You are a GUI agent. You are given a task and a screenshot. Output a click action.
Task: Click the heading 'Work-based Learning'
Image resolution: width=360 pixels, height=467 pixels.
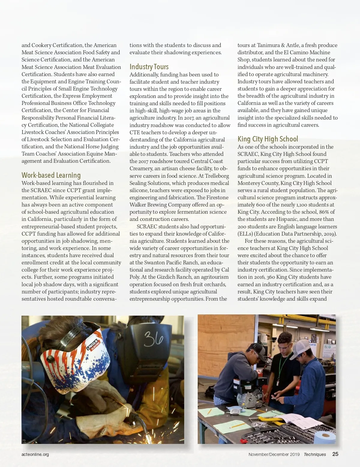click(x=51, y=175)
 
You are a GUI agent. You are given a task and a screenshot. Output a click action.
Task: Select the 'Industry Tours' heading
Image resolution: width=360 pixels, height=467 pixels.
click(x=149, y=67)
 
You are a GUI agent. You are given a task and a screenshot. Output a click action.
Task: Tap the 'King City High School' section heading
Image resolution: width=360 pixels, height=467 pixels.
click(x=268, y=139)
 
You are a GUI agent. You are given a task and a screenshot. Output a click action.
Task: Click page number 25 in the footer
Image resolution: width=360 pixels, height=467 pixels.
click(x=335, y=454)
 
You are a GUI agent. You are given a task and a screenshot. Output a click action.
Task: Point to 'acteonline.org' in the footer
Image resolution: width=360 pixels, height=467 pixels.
click(x=35, y=454)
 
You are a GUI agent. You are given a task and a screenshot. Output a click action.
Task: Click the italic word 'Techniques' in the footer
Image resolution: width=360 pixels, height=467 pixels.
click(x=315, y=454)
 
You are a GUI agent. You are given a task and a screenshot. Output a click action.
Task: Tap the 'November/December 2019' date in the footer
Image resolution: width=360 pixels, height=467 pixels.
click(x=274, y=454)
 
